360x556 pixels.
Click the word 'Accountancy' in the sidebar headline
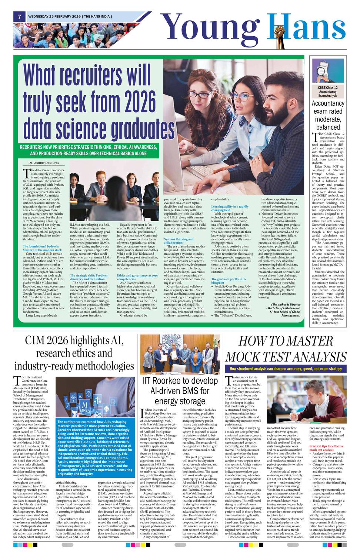coord(328,103)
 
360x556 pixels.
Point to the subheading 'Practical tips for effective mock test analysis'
coord(326,448)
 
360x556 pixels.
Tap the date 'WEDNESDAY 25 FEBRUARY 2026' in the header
coord(54,16)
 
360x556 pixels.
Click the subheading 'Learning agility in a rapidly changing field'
coord(230,208)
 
